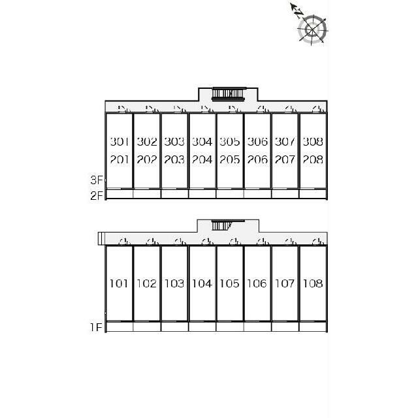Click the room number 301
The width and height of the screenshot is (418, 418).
[120, 142]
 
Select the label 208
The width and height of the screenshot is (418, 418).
[313, 159]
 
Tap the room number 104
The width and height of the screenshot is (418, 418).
[202, 283]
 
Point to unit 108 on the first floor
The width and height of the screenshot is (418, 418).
[313, 283]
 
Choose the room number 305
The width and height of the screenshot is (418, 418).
[230, 142]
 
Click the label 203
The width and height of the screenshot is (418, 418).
[174, 159]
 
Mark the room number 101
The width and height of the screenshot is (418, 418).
[119, 283]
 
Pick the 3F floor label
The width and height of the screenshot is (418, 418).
[97, 180]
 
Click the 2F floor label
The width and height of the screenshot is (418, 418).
[97, 196]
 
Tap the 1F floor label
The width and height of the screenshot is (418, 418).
[96, 327]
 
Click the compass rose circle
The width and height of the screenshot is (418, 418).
[312, 29]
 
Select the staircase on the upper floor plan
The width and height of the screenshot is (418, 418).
[228, 94]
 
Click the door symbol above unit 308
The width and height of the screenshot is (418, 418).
[319, 109]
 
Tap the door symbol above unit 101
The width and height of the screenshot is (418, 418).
[125, 242]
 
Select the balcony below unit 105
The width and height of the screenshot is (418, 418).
[230, 327]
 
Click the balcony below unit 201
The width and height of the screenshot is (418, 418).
[120, 194]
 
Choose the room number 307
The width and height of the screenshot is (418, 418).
[285, 142]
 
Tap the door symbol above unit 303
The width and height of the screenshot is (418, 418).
[180, 109]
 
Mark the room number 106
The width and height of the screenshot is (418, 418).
[257, 283]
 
